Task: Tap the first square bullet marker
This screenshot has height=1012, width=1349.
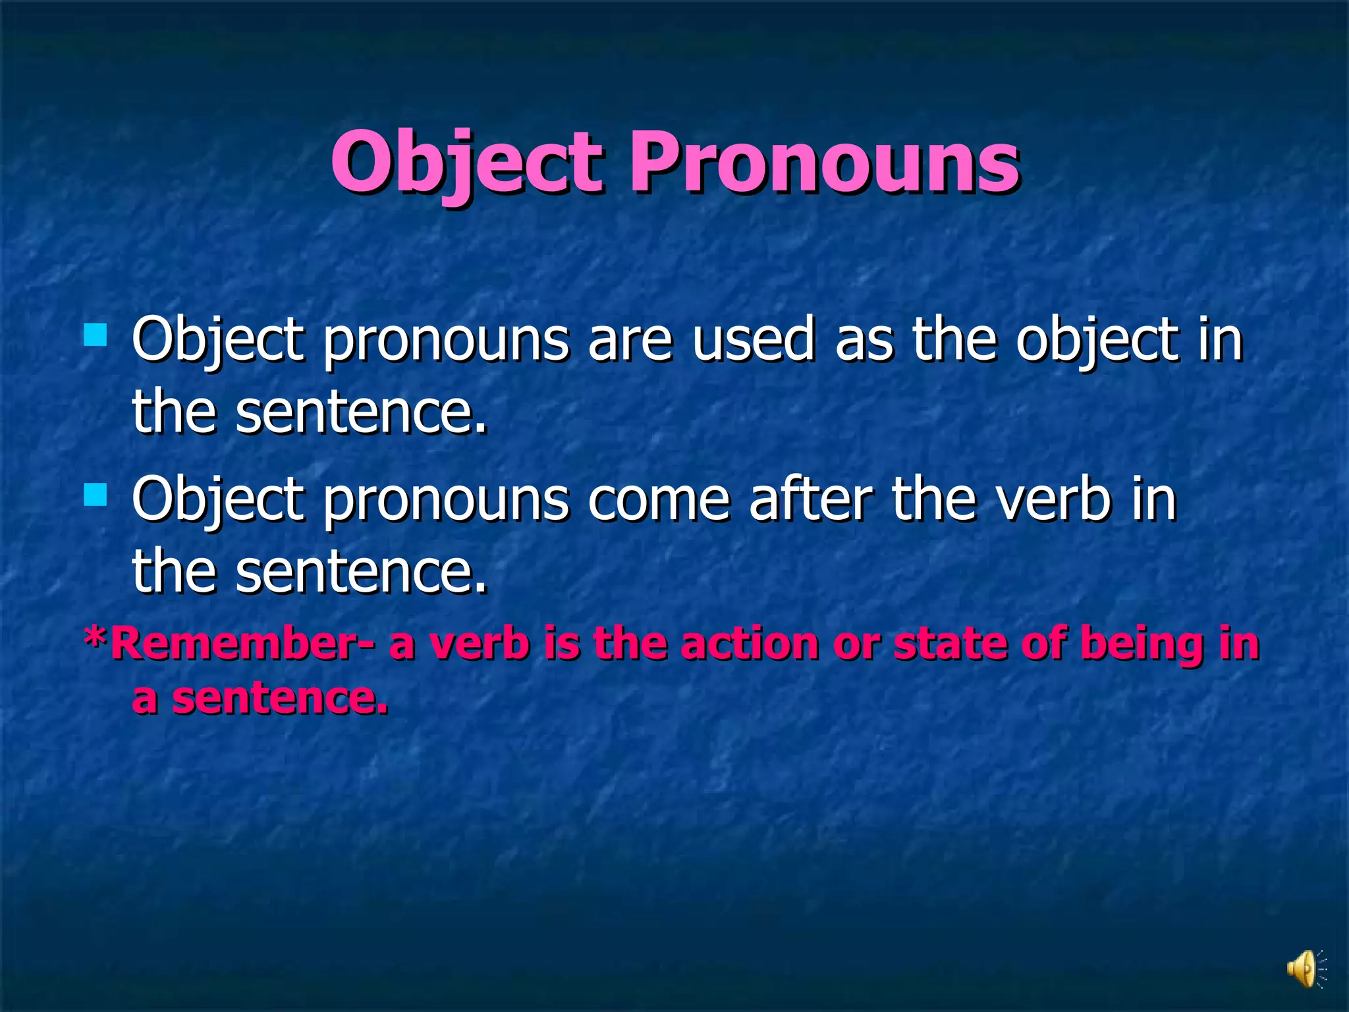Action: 96,335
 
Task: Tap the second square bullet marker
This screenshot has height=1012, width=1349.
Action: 96,494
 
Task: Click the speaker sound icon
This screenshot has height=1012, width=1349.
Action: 1303,969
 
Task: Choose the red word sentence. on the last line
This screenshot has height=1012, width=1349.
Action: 279,698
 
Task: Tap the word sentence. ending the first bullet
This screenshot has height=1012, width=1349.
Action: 361,412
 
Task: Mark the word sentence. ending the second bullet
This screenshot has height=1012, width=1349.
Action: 361,572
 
